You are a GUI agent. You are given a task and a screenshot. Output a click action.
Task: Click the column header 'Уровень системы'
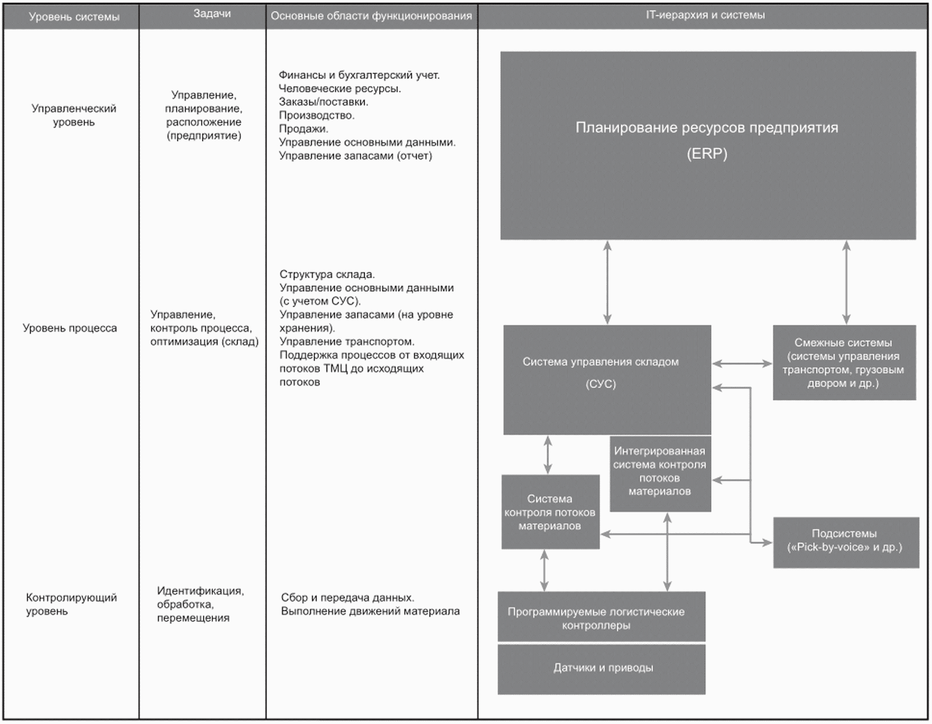click(x=74, y=17)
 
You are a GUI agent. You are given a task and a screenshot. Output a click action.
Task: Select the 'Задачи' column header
click(x=212, y=14)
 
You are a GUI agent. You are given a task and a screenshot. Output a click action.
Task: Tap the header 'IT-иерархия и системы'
click(x=705, y=15)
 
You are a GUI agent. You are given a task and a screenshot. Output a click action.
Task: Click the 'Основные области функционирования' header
click(x=371, y=16)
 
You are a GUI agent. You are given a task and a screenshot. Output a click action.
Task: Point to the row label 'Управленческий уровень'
click(x=74, y=115)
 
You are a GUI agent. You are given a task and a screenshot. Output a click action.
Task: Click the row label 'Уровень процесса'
click(x=70, y=328)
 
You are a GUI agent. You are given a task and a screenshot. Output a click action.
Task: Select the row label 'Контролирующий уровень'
click(x=71, y=604)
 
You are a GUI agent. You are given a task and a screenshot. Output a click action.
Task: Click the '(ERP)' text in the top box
click(x=707, y=154)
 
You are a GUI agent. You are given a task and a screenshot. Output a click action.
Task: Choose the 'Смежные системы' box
click(x=844, y=363)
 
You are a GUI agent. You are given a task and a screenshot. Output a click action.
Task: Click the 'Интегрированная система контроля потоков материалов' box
click(x=660, y=473)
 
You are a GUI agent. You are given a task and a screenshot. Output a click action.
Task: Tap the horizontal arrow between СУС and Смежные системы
click(x=742, y=364)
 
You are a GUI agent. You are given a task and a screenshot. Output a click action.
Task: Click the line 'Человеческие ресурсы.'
click(x=340, y=89)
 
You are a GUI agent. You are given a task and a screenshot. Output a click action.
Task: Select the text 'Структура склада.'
click(x=327, y=275)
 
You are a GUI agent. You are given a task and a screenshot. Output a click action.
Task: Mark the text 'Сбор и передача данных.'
click(x=348, y=598)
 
